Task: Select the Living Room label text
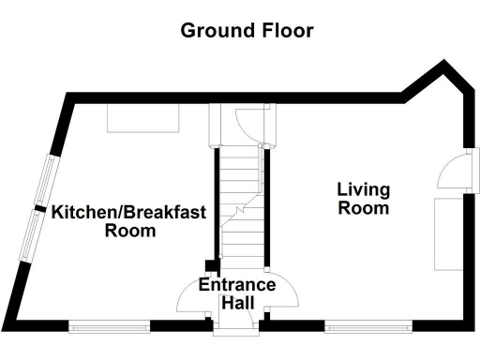[x=364, y=199]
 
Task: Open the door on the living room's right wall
[x=456, y=173]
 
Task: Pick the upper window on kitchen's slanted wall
[x=47, y=178]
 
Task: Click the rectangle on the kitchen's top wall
[x=143, y=117]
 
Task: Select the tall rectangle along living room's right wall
[x=448, y=234]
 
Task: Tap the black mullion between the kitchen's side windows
[x=39, y=207]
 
